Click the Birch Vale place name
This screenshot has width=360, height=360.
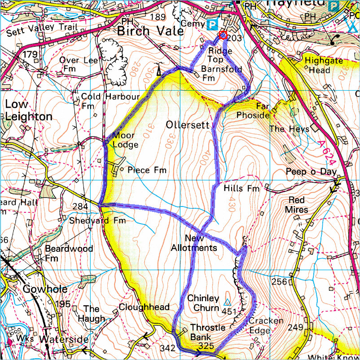(x=150, y=31)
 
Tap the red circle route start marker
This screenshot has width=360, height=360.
(x=222, y=35)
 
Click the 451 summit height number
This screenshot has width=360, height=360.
(x=229, y=312)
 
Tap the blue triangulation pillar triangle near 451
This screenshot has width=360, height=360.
(x=227, y=303)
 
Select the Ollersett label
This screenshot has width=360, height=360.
(x=188, y=125)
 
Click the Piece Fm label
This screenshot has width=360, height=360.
(x=147, y=170)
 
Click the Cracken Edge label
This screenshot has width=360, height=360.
(x=266, y=325)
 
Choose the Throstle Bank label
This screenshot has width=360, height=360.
(x=207, y=332)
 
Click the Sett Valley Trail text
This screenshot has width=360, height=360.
(x=42, y=28)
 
